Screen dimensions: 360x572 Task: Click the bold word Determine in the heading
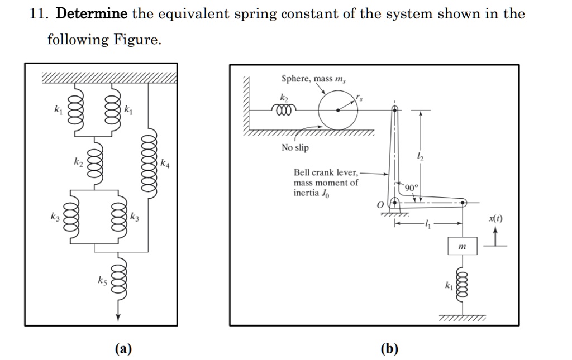coord(92,14)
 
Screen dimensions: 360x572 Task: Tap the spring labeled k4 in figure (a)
coord(149,164)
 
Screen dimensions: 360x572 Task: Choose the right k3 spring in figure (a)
coord(118,217)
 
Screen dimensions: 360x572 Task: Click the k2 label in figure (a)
coord(78,162)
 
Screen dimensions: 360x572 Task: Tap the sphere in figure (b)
coord(338,110)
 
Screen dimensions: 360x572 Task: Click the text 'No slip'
coord(295,148)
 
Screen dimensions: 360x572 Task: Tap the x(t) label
coord(495,219)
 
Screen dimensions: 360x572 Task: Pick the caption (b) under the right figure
coord(389,349)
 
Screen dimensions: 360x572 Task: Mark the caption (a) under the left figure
coord(123,349)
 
